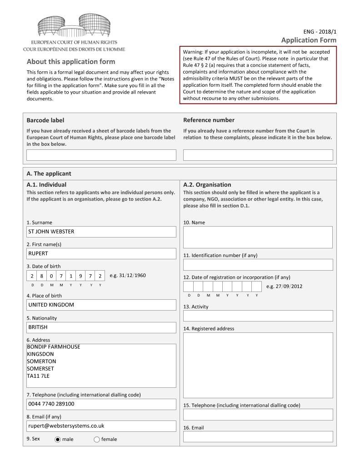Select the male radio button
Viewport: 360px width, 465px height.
click(x=58, y=439)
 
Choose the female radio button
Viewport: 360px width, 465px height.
click(x=97, y=439)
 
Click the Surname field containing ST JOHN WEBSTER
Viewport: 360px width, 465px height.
click(x=101, y=232)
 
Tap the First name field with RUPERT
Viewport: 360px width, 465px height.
click(x=101, y=253)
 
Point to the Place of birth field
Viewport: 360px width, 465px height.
click(x=101, y=305)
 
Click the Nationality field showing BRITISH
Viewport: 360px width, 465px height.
click(x=101, y=327)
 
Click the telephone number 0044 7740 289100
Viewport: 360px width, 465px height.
click(x=51, y=404)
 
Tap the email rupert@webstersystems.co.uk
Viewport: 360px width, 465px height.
click(x=66, y=426)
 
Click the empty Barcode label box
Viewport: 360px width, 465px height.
click(x=101, y=155)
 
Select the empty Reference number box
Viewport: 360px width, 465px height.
click(x=258, y=155)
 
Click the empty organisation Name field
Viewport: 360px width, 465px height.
click(x=258, y=237)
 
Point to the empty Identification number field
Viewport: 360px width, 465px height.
click(x=258, y=265)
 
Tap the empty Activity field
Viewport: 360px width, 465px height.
click(x=258, y=316)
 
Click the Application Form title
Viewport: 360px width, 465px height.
click(x=309, y=40)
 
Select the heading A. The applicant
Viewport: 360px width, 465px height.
click(x=49, y=173)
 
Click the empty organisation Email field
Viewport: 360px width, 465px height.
click(x=258, y=436)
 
